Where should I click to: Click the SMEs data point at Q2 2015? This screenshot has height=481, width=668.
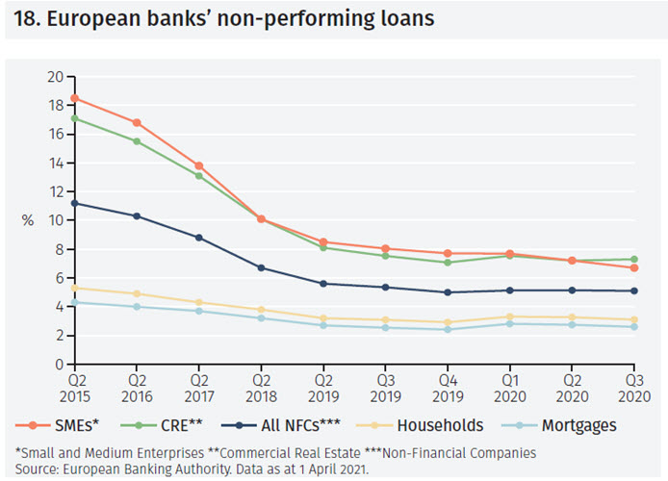(x=74, y=98)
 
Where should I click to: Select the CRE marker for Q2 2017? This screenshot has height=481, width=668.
(x=199, y=176)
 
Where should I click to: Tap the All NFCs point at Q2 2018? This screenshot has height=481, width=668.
(x=262, y=267)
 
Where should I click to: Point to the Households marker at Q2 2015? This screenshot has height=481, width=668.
(x=74, y=288)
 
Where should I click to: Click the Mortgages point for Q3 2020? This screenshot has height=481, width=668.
(x=631, y=327)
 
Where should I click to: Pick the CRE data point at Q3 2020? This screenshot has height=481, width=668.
(x=631, y=259)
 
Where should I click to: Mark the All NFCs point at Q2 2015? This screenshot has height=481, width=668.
(x=74, y=203)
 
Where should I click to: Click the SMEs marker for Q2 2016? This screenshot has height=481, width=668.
(x=137, y=122)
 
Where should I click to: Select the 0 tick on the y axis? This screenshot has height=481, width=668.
(x=59, y=364)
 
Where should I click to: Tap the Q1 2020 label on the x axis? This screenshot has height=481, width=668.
(x=509, y=388)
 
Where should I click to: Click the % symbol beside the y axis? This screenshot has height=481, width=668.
(x=28, y=220)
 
